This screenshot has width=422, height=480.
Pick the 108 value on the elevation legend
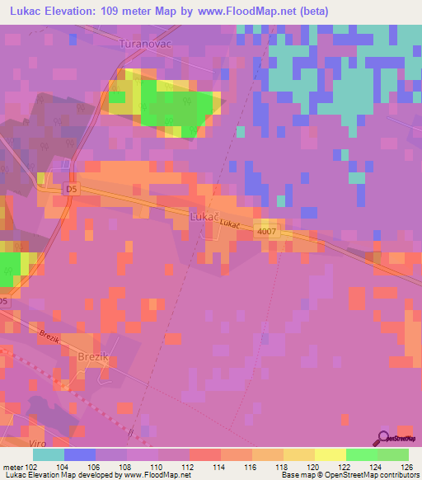pos(127,466)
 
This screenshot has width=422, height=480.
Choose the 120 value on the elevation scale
pos(314,466)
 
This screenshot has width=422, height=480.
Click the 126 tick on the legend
pos(408,466)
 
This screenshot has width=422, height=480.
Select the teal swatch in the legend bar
pos(49,454)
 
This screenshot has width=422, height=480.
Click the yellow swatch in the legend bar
pos(330,454)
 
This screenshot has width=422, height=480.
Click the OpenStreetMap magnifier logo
pos(385,437)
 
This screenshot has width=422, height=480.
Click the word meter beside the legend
pos(12,466)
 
